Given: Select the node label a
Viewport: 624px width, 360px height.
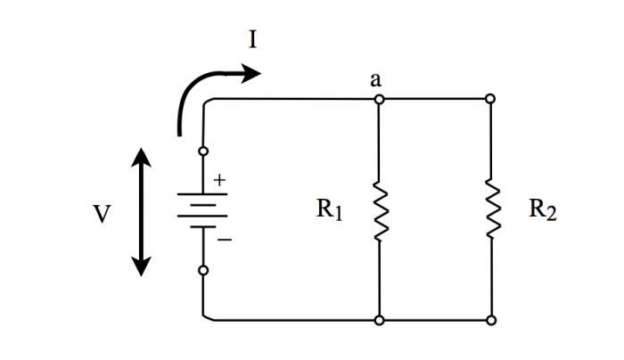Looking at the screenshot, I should point(377,79).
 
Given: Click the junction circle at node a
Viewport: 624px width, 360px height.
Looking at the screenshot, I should point(380,98).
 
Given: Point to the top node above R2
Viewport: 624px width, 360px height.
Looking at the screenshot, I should point(490,98).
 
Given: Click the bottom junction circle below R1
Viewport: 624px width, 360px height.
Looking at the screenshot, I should point(380,319).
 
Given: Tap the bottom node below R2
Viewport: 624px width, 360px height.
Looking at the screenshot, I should point(490,319).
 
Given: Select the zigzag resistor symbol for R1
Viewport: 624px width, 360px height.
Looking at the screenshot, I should point(380,209).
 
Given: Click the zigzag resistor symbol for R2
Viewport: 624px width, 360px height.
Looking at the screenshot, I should point(490,209).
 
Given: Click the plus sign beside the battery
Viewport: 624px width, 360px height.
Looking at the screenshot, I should point(219,180).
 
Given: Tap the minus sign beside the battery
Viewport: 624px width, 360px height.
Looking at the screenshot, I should point(224,240).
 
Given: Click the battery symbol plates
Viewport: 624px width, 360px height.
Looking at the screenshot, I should point(203,210).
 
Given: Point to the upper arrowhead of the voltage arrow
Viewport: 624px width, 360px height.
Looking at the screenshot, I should point(141,160).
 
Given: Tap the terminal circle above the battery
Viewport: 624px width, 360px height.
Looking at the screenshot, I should point(203,151).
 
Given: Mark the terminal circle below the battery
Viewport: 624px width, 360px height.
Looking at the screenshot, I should point(203,270).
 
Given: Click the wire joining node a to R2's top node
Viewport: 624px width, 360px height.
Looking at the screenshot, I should point(435,98).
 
